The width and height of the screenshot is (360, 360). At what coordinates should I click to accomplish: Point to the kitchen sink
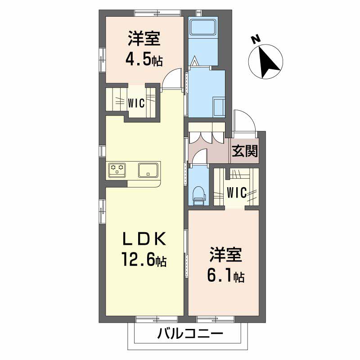pos(148,170)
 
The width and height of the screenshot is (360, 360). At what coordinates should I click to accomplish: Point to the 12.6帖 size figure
pos(144,260)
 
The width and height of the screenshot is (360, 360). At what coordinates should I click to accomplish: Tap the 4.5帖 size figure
pos(144,59)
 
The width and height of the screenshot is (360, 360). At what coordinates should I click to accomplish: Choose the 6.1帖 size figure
pos(225,275)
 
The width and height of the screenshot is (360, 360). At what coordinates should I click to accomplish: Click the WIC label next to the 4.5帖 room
pos(135,103)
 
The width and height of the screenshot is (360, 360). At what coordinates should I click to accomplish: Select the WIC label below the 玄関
pos(236,193)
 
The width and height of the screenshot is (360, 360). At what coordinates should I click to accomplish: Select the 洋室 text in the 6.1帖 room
pos(225,255)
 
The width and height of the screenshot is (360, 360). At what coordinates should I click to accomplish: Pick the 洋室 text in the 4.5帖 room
pos(144,40)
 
